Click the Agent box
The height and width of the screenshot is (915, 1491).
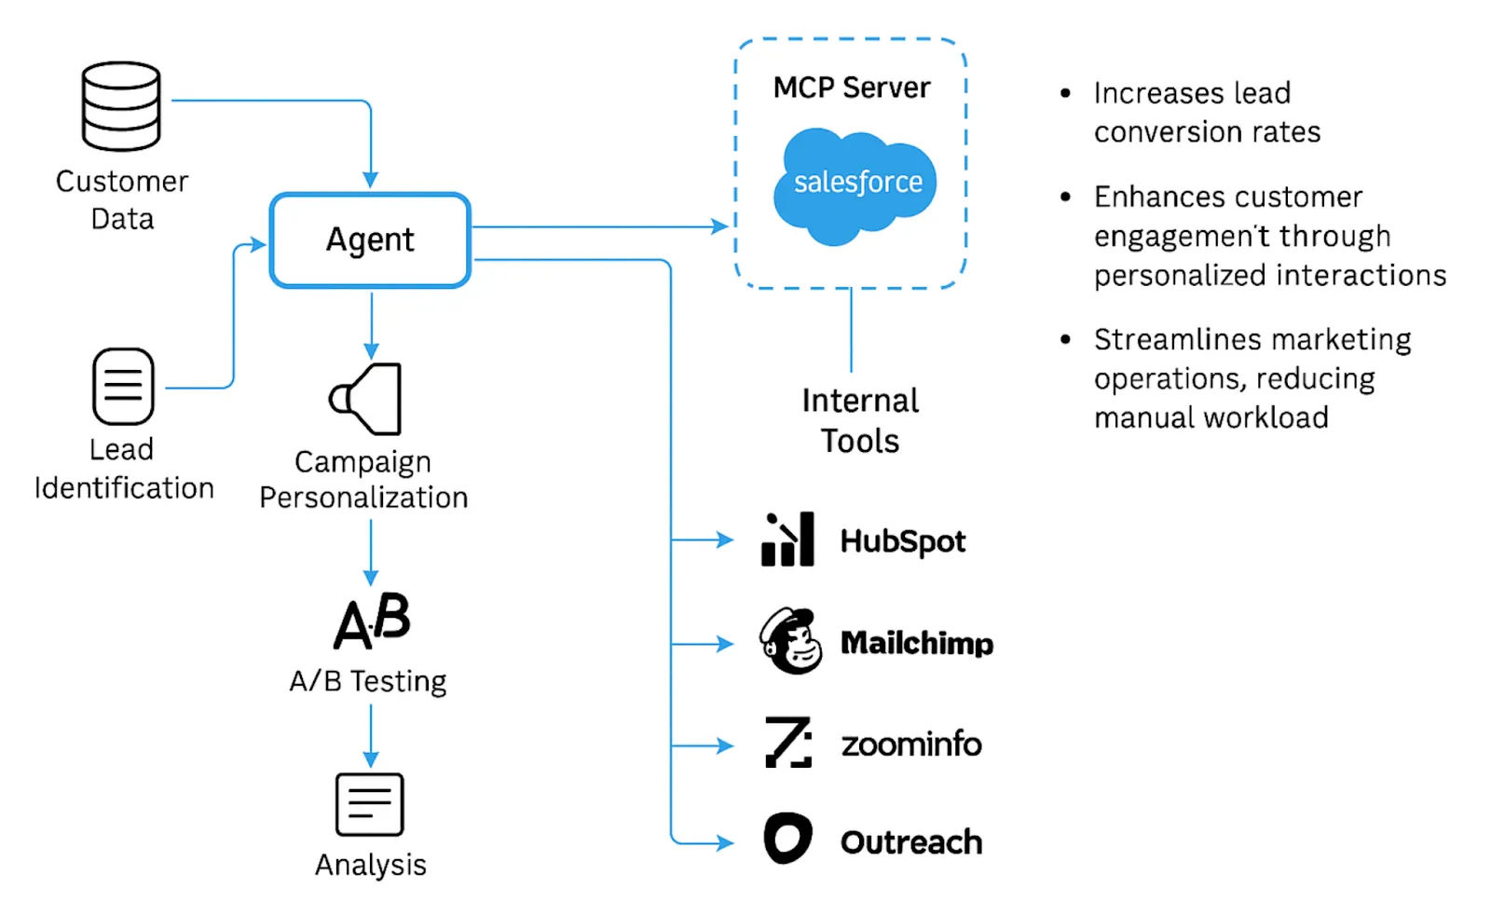coord(370,240)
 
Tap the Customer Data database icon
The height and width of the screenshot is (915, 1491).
coord(121,106)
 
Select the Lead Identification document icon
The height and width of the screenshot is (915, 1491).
coord(123,386)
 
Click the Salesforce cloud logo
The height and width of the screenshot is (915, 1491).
coord(855,184)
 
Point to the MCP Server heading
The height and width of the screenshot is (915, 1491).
coord(851,88)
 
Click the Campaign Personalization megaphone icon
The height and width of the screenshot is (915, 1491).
coord(367,399)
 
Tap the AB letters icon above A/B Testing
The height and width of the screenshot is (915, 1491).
coord(372,621)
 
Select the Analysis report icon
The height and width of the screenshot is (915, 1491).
coord(369,804)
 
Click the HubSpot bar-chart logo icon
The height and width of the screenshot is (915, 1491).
coord(787,539)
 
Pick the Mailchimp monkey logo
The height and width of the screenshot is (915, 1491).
coord(790,641)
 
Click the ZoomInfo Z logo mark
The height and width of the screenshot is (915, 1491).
coord(788,743)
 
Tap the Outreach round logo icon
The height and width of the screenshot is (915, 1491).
coord(787,839)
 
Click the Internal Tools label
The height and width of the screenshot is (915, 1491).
coord(859,420)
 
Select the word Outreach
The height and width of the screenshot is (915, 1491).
coord(910,842)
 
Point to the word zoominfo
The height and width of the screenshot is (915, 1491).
coord(910,744)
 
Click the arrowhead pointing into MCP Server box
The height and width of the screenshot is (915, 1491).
coord(720,226)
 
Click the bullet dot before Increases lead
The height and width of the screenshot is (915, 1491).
coord(1065,93)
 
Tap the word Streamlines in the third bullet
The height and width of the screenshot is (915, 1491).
coord(1156,340)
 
